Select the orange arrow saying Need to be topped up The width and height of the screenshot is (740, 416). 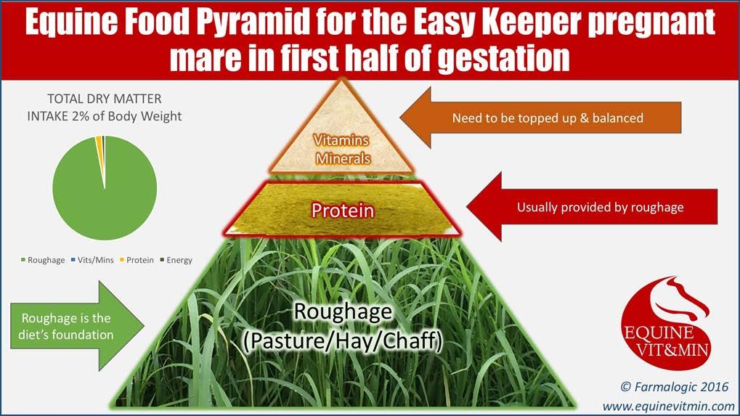[540, 118]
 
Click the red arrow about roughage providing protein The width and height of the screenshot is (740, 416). [592, 207]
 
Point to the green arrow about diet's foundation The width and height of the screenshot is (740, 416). [77, 326]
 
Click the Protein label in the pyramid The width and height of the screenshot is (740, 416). [342, 211]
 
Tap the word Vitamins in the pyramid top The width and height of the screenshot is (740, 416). [341, 140]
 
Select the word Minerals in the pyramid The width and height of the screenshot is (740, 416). [343, 158]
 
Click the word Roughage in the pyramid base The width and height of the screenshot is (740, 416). [343, 312]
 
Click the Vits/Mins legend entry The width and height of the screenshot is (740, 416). [92, 260]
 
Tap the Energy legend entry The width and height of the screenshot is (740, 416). [176, 260]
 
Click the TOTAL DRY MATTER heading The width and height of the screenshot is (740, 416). [105, 99]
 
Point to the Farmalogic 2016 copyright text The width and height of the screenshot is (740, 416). [675, 387]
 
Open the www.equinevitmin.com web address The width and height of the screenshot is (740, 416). [668, 406]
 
